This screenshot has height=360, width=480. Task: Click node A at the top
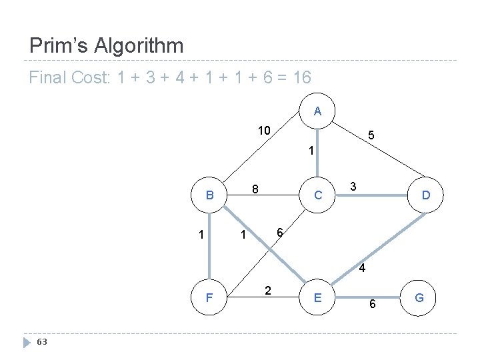click(x=317, y=111)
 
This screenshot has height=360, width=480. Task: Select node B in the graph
click(x=209, y=195)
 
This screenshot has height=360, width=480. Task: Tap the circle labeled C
click(x=318, y=195)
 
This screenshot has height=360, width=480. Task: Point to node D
click(x=425, y=195)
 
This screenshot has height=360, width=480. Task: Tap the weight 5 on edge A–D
click(x=371, y=135)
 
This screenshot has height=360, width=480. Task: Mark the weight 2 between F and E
click(x=267, y=290)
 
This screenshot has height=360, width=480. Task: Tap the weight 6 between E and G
click(x=373, y=304)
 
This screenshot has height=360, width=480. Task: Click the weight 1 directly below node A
click(x=310, y=151)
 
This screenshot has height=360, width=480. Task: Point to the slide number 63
click(x=42, y=342)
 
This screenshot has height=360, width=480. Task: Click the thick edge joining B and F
click(x=209, y=247)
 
